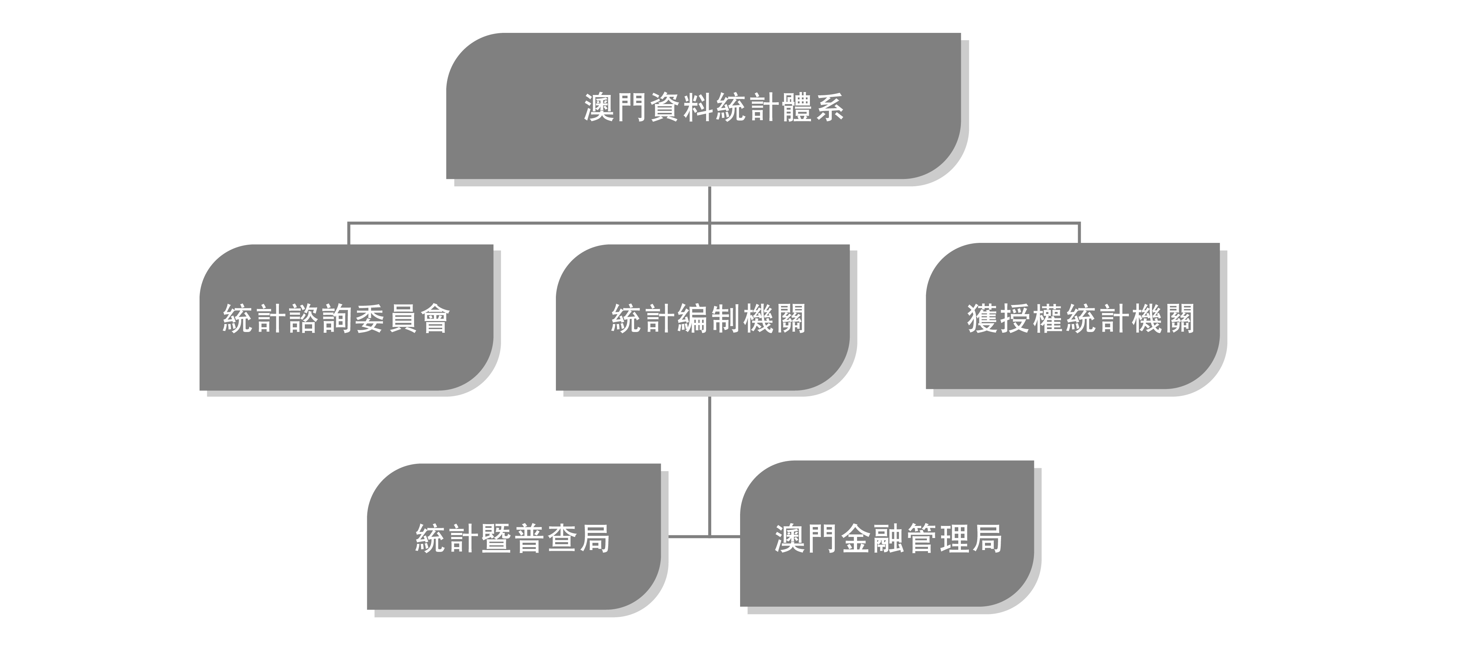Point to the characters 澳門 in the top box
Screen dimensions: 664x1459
(x=616, y=107)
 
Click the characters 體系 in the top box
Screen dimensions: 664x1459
(x=813, y=107)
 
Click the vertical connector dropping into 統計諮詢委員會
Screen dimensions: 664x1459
(x=348, y=233)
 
